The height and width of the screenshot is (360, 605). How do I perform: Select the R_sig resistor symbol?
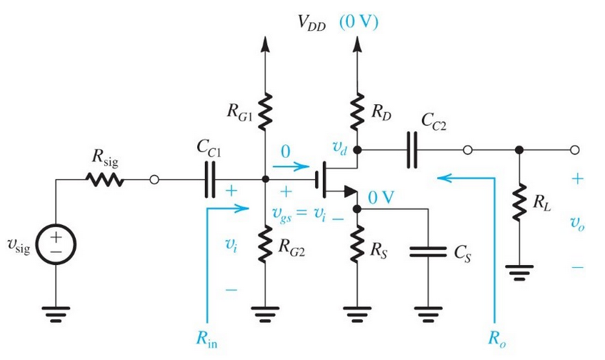point(106,181)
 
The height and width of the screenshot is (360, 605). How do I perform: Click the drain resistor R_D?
point(356,110)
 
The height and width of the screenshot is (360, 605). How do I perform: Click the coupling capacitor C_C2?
point(411,151)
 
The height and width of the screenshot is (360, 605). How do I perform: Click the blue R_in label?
point(206,341)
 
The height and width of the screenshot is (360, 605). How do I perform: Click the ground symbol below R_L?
point(519,273)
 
